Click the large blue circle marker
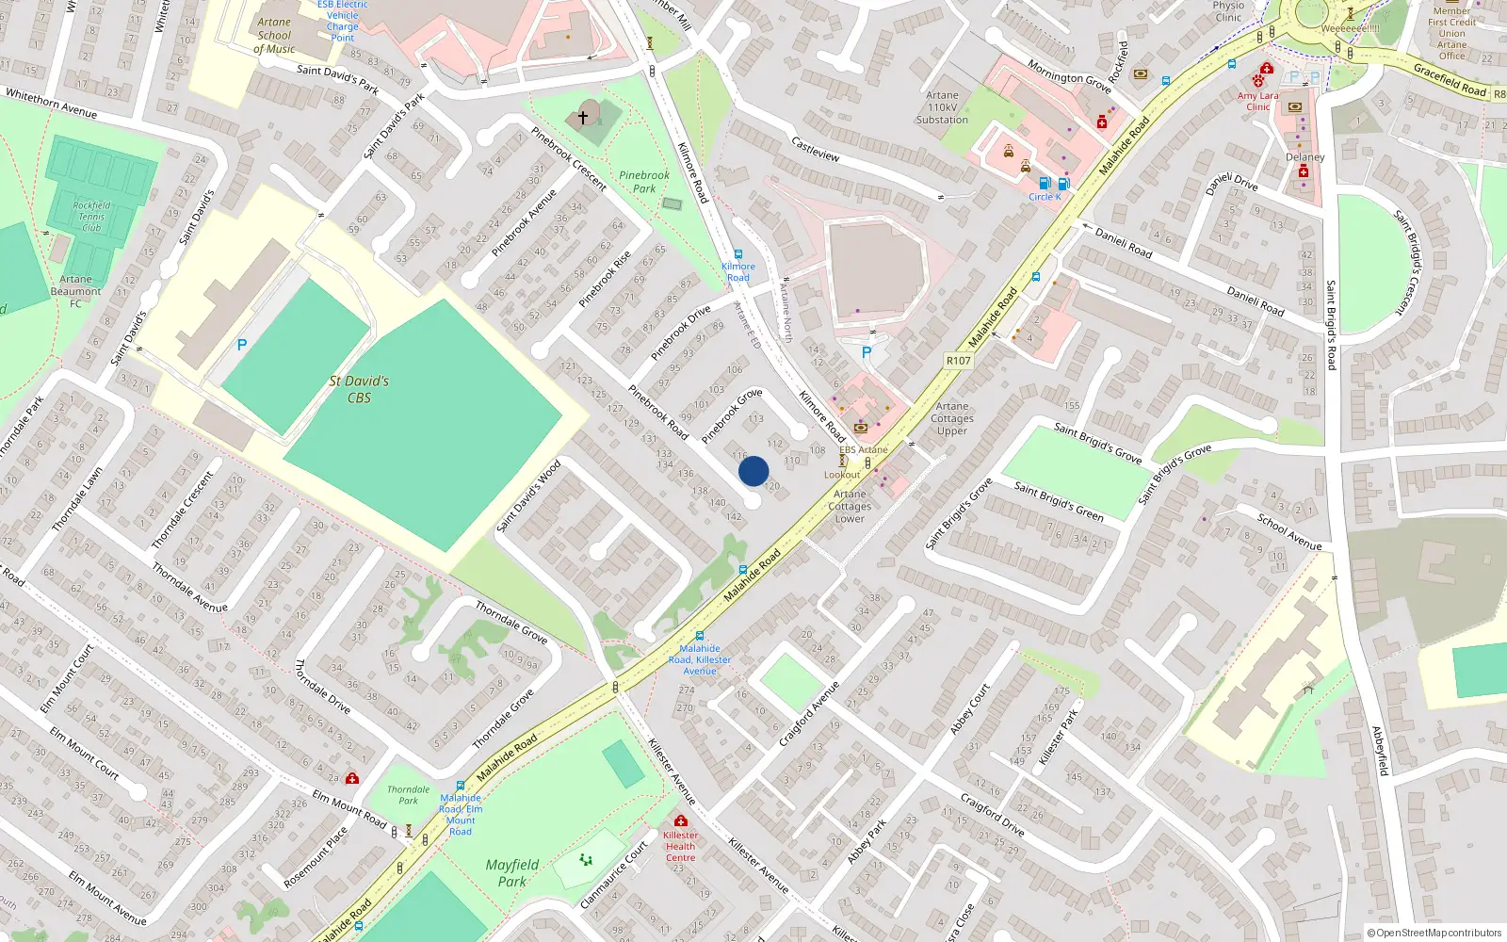(753, 471)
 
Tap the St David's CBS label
(359, 389)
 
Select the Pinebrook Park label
(644, 182)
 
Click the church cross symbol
(583, 118)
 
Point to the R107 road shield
(958, 361)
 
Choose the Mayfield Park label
(512, 873)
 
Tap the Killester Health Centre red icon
(680, 820)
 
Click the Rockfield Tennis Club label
(91, 217)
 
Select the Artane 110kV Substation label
(942, 107)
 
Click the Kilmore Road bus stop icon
(737, 254)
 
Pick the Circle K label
(1045, 197)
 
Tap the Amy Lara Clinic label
(1258, 101)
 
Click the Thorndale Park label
(408, 795)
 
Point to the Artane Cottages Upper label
(952, 418)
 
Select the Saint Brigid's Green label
(1059, 500)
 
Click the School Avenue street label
(1289, 532)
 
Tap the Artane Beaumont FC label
(75, 291)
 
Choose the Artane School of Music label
(274, 36)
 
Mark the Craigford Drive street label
(992, 814)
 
